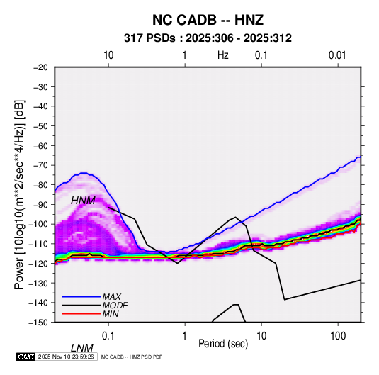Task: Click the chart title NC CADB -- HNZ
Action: (208, 20)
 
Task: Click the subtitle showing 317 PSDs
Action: (208, 38)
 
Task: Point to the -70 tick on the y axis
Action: (40, 165)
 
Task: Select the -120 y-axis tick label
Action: (38, 263)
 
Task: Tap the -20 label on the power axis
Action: (40, 67)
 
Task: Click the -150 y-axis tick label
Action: (38, 323)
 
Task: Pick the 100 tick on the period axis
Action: (338, 336)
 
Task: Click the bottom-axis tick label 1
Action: (185, 336)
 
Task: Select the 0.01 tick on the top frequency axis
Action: (337, 55)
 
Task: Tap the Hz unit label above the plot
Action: (223, 55)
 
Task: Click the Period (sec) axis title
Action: (223, 344)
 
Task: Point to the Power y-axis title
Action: (19, 194)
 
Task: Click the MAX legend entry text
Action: (111, 297)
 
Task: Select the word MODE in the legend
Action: (115, 306)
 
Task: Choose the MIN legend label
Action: (111, 314)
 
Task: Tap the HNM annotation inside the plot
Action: (83, 201)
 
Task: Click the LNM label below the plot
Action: (81, 348)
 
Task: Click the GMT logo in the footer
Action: (26, 357)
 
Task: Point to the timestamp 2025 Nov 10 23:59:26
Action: (66, 357)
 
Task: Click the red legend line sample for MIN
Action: (81, 314)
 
